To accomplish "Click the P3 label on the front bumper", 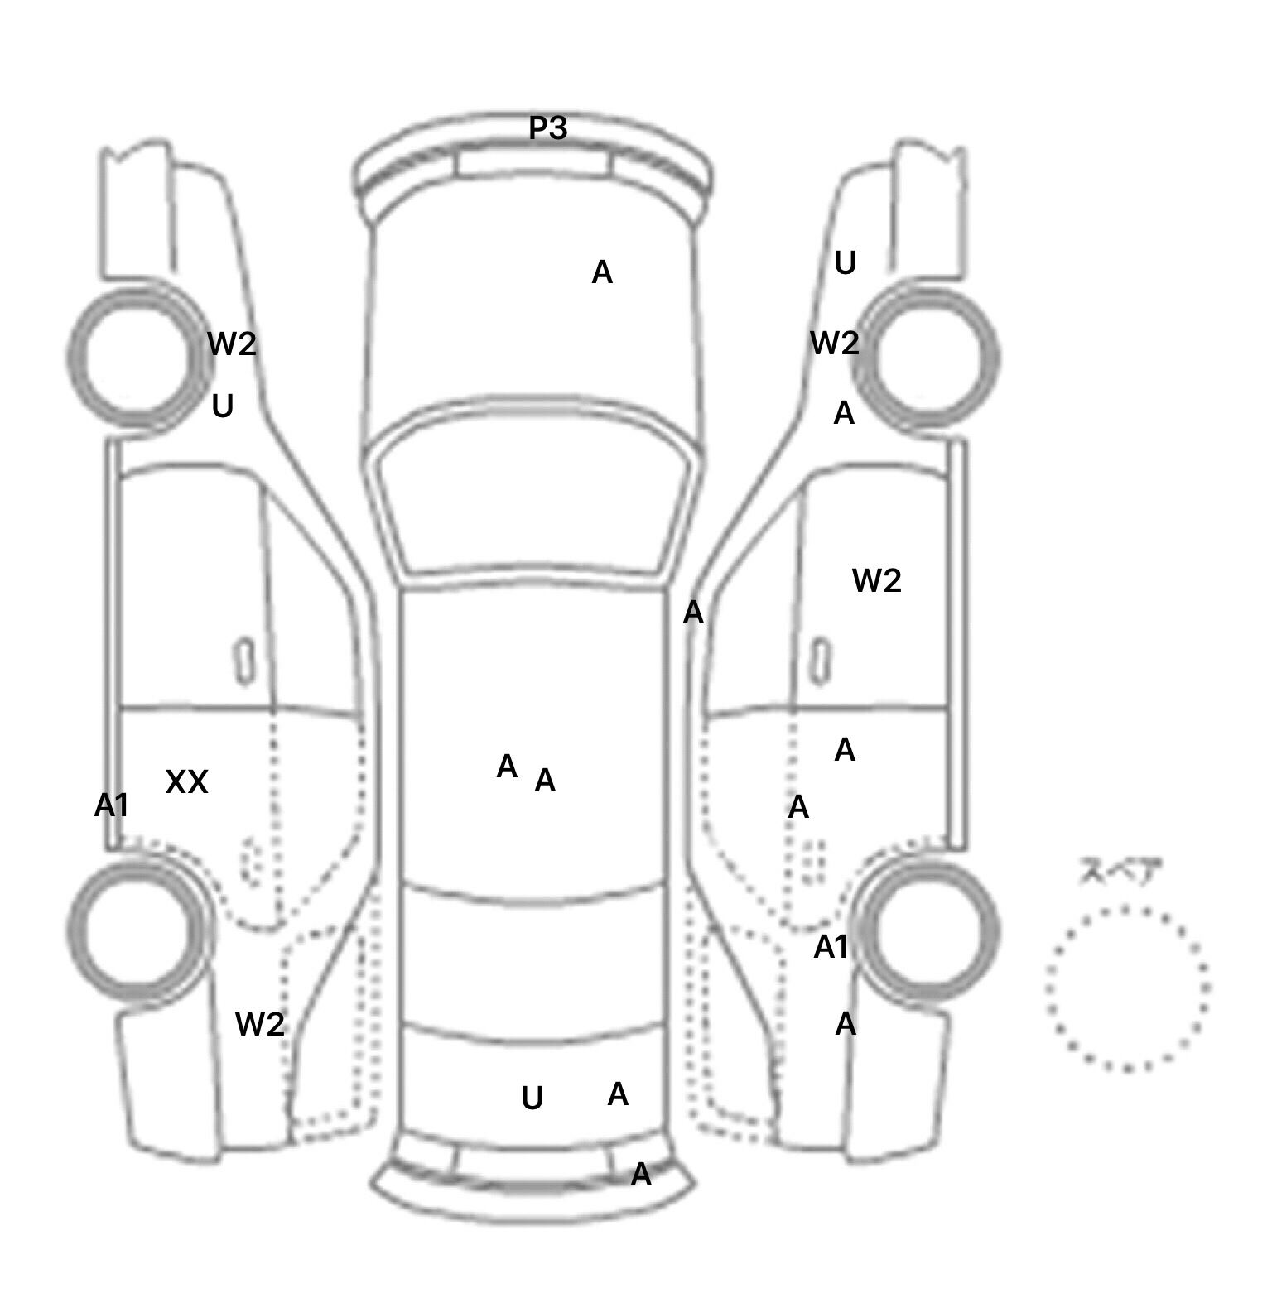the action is (x=548, y=128).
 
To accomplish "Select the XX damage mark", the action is (x=186, y=781).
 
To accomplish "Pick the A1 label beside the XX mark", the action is (x=112, y=805).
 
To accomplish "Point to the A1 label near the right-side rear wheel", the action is (x=831, y=947).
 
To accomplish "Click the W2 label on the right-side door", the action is (x=876, y=580).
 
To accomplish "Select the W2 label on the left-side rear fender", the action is (x=260, y=1024).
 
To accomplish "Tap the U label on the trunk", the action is (x=532, y=1098).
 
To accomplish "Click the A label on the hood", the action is (x=602, y=272).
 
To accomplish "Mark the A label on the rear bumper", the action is (x=641, y=1174).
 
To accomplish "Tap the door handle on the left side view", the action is (x=245, y=661).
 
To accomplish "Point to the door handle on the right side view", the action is (x=821, y=661).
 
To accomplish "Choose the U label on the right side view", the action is (x=845, y=262).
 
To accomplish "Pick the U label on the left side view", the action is (x=223, y=406).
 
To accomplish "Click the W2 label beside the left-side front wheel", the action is (x=232, y=343).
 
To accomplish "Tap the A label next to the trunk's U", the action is (x=618, y=1094).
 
